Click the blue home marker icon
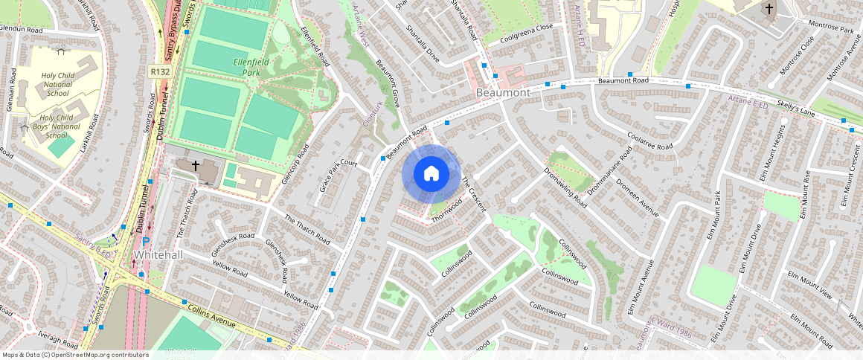[431, 174]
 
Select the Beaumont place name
[503, 93]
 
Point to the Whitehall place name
[158, 254]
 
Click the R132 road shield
[158, 71]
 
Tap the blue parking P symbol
[146, 242]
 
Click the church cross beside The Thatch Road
[195, 165]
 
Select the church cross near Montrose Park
[768, 10]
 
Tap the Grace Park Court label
[339, 176]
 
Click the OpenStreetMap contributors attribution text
[75, 355]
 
